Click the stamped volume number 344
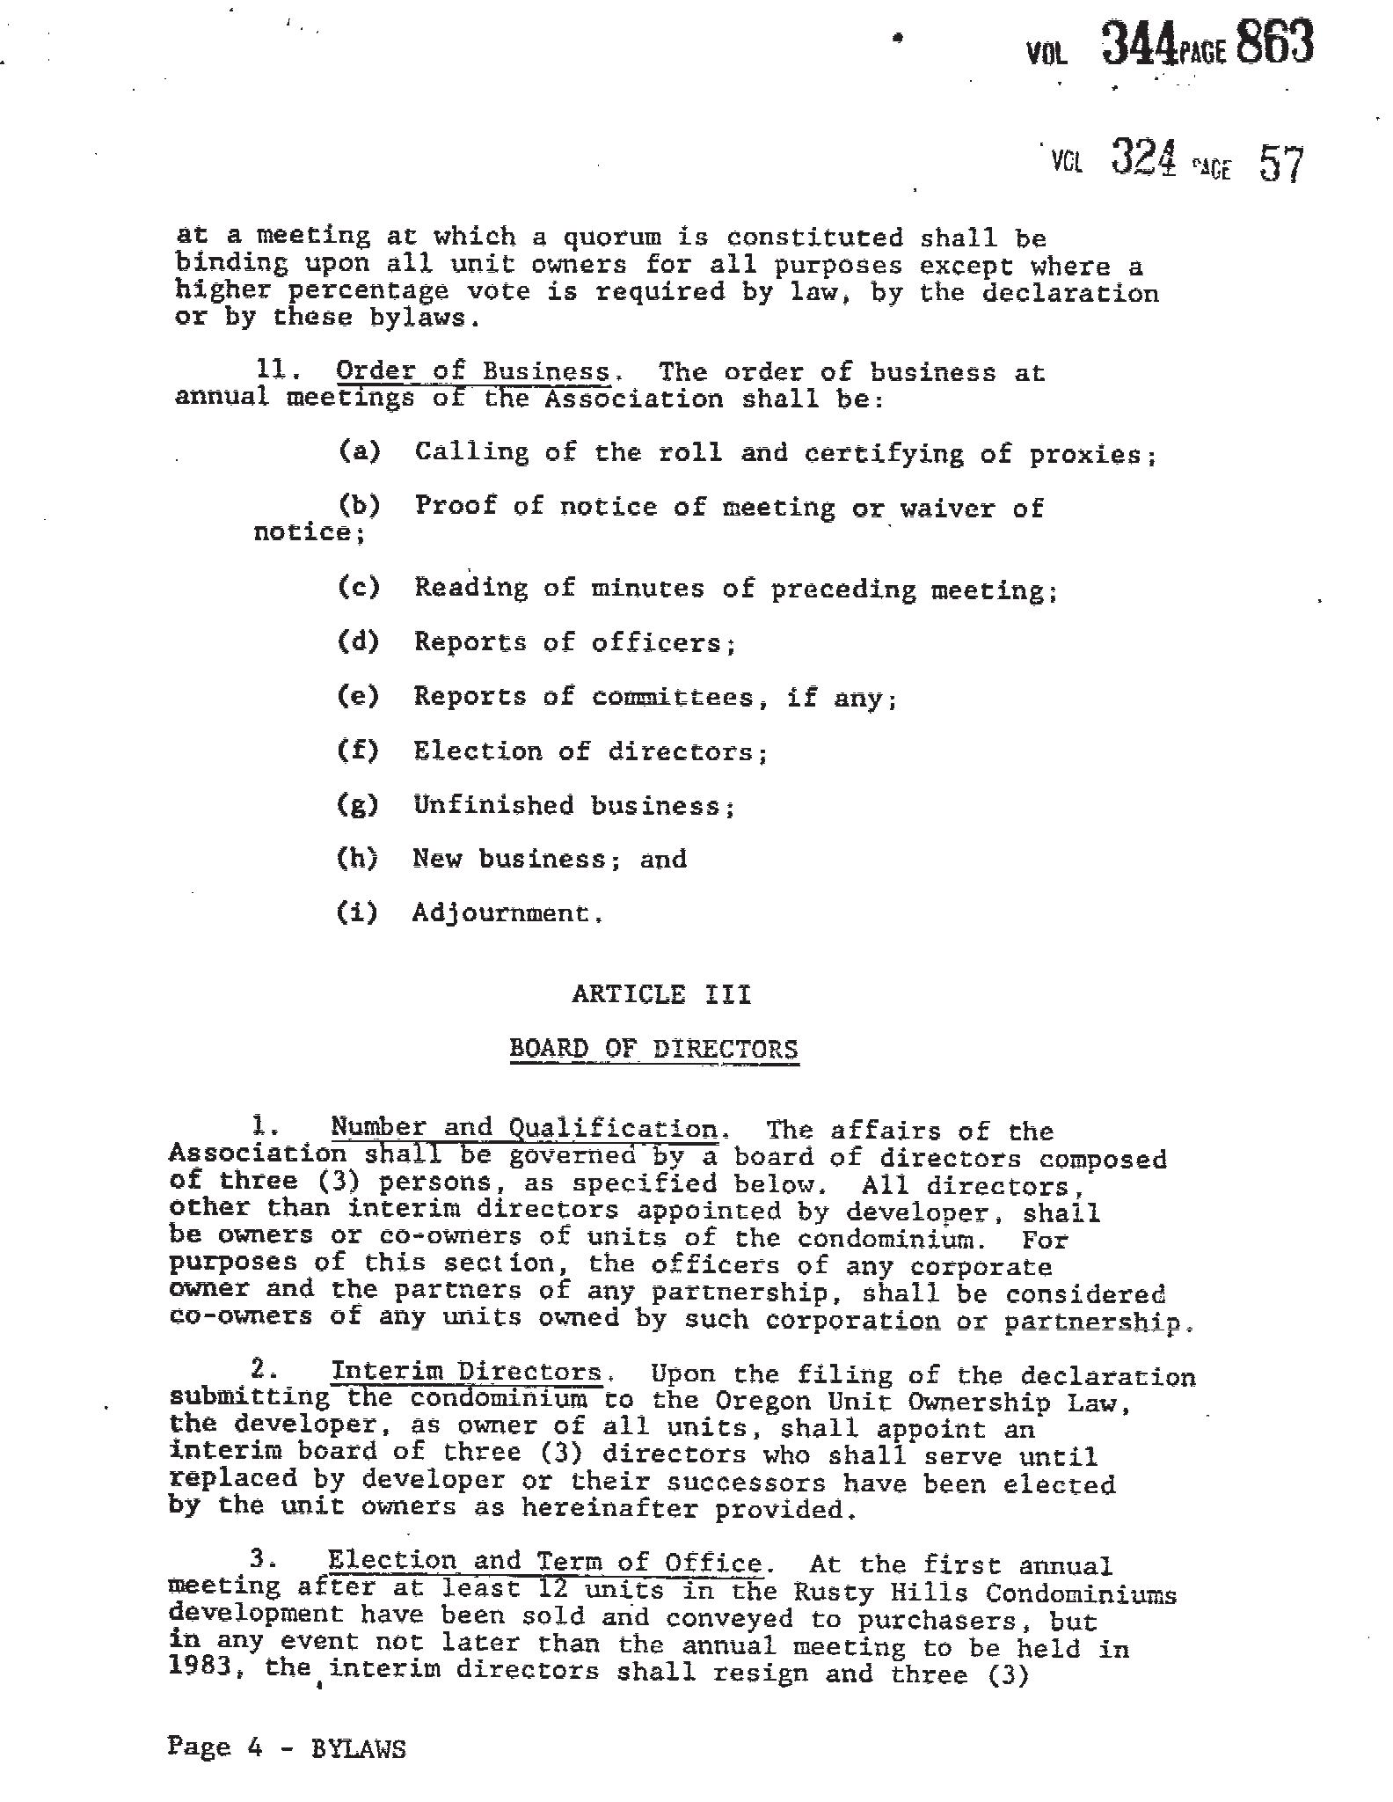pos(1139,44)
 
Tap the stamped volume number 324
pos(1143,158)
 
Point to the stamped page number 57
pos(1280,163)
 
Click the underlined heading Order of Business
pos(472,372)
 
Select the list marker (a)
pos(360,451)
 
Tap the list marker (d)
pos(359,641)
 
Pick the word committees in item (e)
pos(673,698)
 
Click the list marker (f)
pos(358,751)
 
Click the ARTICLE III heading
pos(661,994)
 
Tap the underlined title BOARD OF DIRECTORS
pos(654,1049)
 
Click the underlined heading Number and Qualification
pos(524,1128)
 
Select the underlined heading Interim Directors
pos(466,1372)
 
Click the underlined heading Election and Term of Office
pos(545,1563)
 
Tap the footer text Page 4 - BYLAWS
pos(287,1747)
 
